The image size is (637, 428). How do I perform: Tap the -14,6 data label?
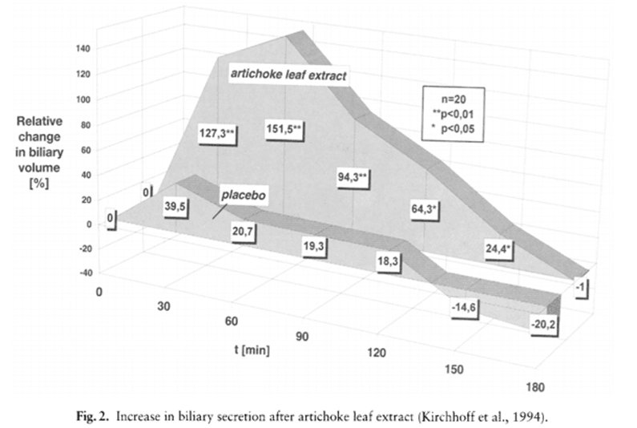465,307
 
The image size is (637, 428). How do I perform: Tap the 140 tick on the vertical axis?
84,49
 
